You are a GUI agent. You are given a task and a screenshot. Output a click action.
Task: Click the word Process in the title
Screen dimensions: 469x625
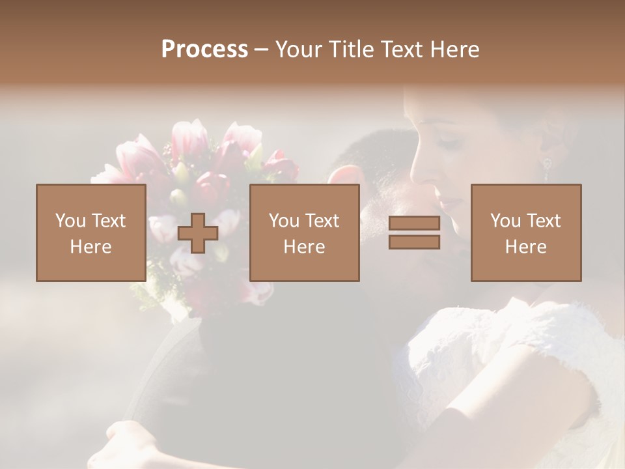tap(204, 50)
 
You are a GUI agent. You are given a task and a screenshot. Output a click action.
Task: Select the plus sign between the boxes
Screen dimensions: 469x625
tap(198, 233)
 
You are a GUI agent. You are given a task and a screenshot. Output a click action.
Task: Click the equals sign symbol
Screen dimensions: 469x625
tap(414, 233)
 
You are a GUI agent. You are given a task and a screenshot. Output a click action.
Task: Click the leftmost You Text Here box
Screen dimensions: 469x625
tap(91, 233)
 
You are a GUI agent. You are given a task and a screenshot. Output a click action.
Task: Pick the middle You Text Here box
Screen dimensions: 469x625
tap(305, 233)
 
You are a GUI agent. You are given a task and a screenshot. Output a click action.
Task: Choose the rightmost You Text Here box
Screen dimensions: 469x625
tap(526, 233)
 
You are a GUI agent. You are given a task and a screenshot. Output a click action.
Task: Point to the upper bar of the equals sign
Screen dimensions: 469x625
tap(414, 223)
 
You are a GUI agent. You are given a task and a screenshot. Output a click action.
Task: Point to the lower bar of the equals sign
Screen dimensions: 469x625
tap(414, 242)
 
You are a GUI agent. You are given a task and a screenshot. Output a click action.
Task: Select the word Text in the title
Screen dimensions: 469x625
tap(400, 50)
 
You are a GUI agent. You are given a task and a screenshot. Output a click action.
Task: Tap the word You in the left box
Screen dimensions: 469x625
tap(70, 220)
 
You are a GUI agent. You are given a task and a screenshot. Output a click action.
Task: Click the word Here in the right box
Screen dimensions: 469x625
tap(526, 246)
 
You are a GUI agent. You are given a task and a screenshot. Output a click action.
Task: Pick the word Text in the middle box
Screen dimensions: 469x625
tap(322, 220)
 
